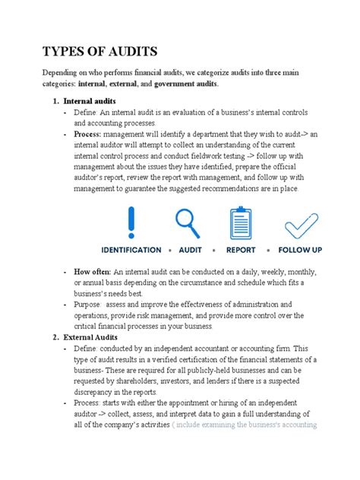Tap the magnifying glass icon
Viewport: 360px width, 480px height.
click(x=188, y=222)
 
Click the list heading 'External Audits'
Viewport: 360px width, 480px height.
click(x=90, y=336)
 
